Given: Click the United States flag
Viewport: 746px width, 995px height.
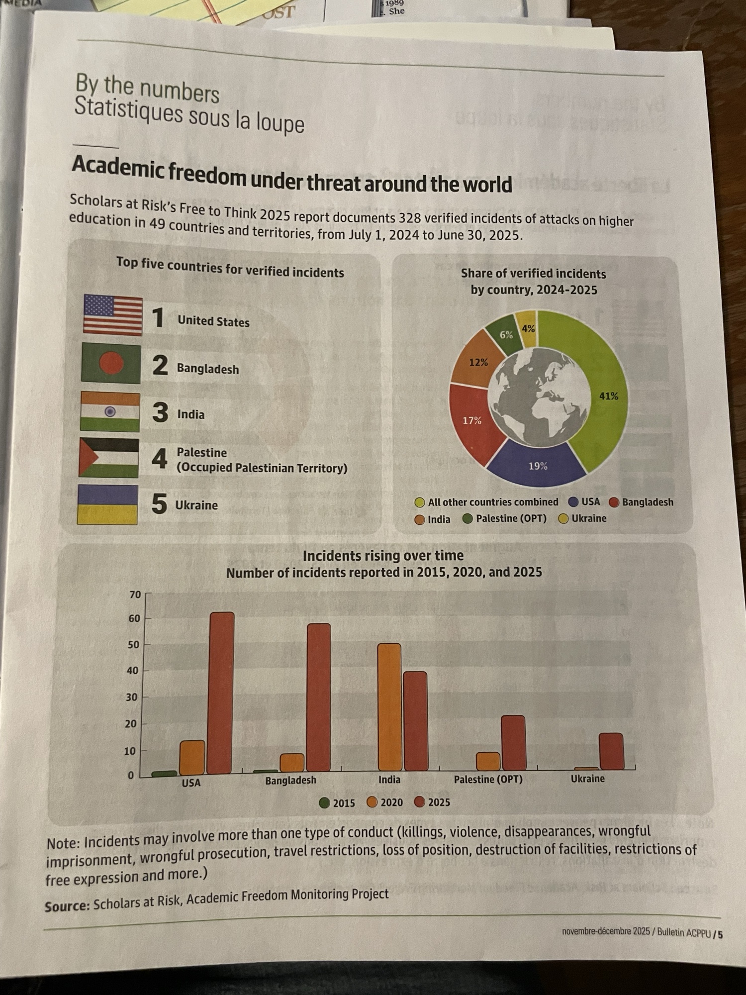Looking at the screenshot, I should (x=113, y=315).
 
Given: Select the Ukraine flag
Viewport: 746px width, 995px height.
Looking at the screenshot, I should (x=107, y=504).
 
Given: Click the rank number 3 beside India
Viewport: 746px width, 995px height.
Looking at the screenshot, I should (x=160, y=412).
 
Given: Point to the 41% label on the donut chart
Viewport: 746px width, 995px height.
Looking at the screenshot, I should (x=608, y=396).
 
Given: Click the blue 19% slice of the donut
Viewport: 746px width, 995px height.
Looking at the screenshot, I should (x=537, y=465).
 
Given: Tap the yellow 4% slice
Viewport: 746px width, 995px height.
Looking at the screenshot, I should (x=528, y=329).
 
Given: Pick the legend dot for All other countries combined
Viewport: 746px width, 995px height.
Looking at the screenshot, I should (x=420, y=502).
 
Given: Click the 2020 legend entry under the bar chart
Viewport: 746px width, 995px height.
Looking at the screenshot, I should (x=385, y=802).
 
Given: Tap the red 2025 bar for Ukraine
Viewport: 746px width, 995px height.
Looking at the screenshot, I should (x=611, y=751).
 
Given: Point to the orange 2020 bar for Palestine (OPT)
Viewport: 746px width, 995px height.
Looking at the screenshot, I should (x=488, y=761).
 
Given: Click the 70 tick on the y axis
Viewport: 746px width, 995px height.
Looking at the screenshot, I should (x=135, y=595).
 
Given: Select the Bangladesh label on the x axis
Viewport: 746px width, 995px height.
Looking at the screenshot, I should (x=290, y=780).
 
